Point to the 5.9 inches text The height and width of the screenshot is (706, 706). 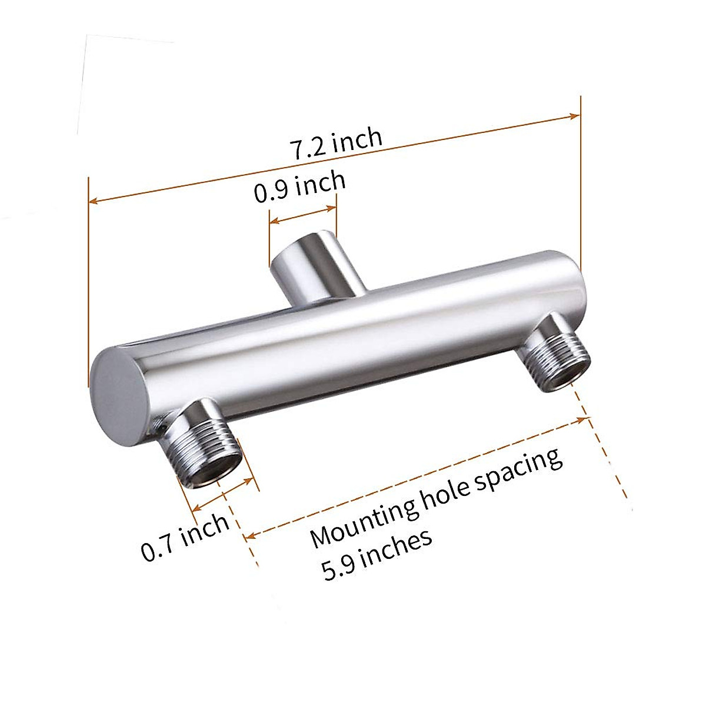(377, 554)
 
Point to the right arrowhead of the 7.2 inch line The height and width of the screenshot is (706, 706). (577, 116)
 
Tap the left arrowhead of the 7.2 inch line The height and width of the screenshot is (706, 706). (92, 201)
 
